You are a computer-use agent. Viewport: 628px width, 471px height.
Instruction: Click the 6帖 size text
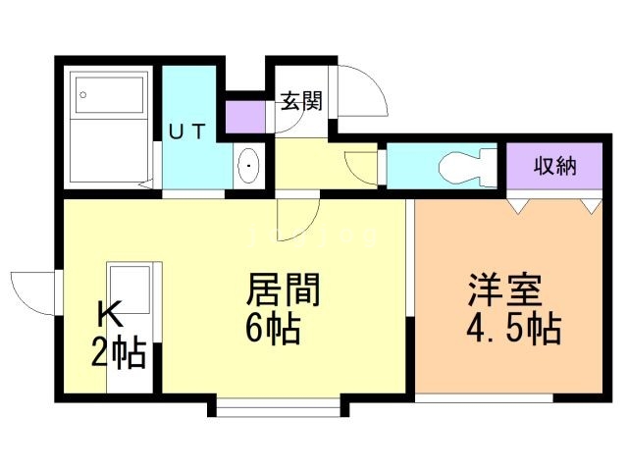(x=273, y=328)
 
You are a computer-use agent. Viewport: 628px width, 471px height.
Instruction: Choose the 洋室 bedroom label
(x=499, y=292)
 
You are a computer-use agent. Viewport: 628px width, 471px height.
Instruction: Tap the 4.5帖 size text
(x=512, y=328)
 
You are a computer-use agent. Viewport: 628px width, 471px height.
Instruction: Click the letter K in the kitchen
(x=109, y=314)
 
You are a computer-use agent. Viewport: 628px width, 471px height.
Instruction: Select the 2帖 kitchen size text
(x=119, y=350)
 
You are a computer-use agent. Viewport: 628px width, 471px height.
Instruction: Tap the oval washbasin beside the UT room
(x=247, y=165)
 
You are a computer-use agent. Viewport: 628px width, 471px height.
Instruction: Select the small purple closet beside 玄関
(x=245, y=117)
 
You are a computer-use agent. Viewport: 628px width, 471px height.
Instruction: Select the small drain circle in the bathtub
(x=84, y=94)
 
